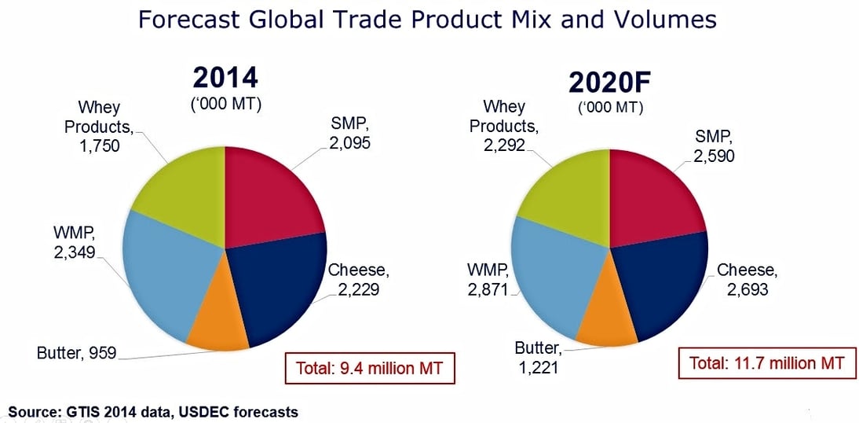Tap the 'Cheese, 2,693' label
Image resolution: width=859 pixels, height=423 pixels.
tap(747, 280)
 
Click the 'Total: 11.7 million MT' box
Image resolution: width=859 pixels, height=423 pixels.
tap(766, 363)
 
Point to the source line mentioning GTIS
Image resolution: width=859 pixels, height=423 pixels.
tap(153, 411)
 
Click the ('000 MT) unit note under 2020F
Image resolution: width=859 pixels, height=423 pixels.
tap(611, 108)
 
